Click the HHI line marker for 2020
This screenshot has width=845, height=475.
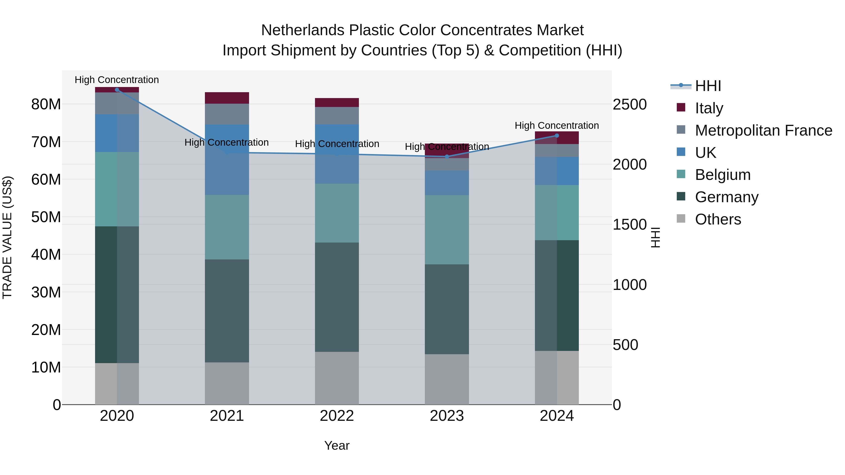[117, 90]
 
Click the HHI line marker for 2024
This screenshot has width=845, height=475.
[557, 135]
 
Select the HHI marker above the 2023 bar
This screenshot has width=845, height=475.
[447, 157]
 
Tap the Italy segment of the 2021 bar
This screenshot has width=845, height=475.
[227, 98]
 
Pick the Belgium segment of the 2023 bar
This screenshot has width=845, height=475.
[447, 230]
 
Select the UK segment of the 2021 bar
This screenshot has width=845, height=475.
[227, 160]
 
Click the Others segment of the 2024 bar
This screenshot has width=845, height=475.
[557, 378]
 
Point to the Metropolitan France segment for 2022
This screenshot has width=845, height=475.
[337, 116]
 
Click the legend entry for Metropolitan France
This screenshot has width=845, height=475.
[763, 130]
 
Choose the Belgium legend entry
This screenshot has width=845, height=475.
[723, 175]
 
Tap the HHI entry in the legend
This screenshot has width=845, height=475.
[708, 86]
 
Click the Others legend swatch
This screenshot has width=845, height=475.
[681, 219]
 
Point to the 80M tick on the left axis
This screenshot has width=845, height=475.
[46, 105]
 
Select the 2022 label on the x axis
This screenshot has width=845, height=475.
[337, 416]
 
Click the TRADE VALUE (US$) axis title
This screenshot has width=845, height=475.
[7, 237]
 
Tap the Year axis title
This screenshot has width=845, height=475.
[337, 445]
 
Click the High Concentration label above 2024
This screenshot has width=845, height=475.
[557, 125]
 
